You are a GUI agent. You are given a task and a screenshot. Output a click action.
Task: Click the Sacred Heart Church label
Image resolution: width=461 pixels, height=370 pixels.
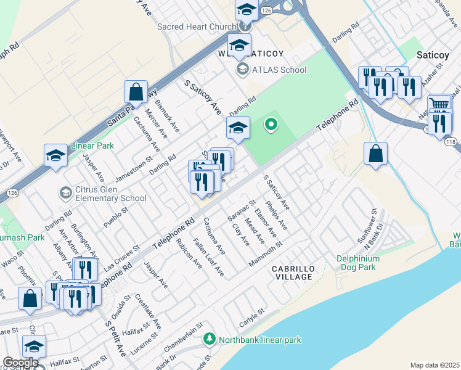(x=197, y=27)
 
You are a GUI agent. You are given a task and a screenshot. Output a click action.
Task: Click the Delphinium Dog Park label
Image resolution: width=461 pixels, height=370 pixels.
(x=365, y=263)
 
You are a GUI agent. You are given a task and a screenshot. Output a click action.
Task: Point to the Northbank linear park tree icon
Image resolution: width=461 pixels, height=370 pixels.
(x=210, y=340)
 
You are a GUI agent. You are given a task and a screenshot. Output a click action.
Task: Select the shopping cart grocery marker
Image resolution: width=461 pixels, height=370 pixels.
(x=438, y=104)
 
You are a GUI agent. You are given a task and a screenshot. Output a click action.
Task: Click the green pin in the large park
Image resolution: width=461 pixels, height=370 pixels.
(x=270, y=125)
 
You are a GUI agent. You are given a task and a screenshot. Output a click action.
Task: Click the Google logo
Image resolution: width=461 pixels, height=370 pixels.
(x=20, y=363)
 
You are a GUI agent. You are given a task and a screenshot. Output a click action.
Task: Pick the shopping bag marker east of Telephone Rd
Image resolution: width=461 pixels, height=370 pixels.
(x=375, y=153)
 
